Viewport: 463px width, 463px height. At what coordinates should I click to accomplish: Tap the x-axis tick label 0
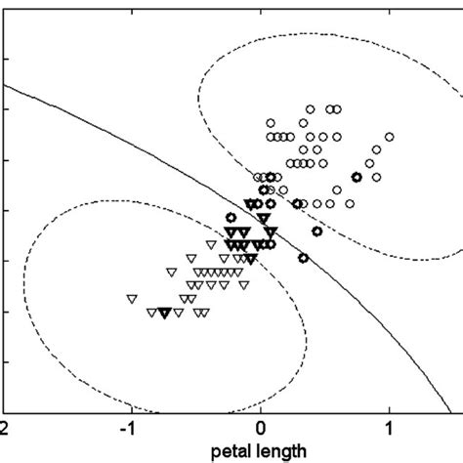point(261,429)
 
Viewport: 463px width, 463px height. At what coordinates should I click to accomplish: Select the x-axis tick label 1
point(390,429)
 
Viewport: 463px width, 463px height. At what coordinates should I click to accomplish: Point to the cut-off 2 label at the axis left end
point(5,429)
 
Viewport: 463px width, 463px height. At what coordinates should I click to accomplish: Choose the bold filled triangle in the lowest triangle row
point(165,313)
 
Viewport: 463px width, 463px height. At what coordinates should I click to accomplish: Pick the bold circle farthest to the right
point(356,177)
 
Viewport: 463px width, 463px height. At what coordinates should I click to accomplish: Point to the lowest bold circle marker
point(303,258)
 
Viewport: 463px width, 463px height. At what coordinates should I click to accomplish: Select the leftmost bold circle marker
point(231,218)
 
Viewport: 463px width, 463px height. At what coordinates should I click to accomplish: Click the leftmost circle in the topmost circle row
point(310,108)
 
